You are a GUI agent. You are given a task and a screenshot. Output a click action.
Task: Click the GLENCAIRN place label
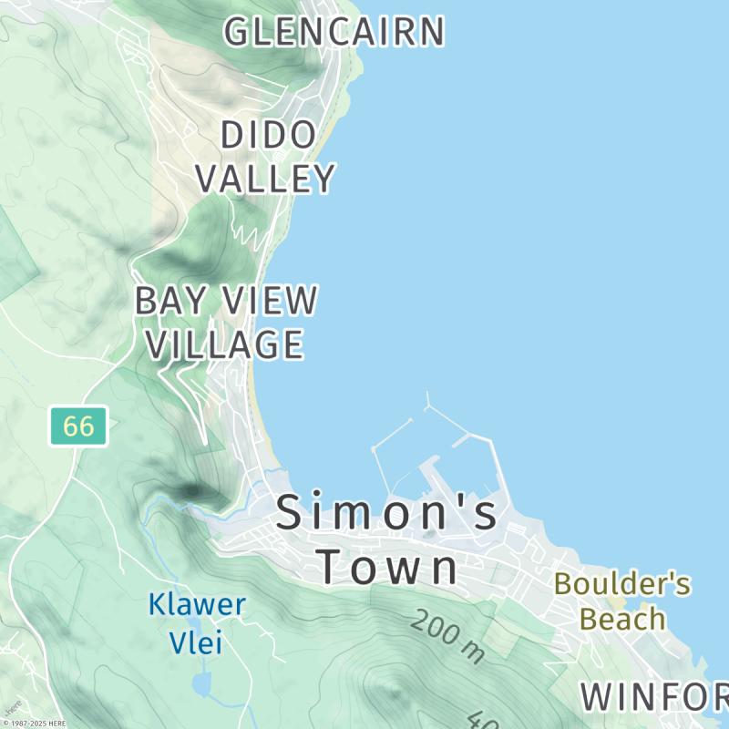point(334,32)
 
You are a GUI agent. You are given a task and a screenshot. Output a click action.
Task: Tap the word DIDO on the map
point(268,136)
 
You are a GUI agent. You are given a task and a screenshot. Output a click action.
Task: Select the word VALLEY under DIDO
point(265,179)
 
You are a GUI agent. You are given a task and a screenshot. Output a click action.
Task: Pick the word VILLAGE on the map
point(225,344)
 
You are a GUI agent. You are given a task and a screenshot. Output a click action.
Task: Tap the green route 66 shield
point(78,426)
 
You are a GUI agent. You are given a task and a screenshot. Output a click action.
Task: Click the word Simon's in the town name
point(387,512)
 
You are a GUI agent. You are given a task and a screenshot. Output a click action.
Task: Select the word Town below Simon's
point(388,567)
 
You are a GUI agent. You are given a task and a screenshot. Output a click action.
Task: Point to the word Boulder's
point(622,584)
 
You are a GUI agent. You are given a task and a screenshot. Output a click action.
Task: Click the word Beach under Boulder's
point(622,620)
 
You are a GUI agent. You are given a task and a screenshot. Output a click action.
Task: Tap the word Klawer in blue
point(197,604)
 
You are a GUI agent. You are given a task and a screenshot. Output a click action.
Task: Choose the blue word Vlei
point(196,642)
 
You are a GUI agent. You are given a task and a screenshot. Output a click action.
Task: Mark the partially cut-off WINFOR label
point(654,697)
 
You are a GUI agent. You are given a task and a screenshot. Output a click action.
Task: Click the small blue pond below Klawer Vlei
point(201,683)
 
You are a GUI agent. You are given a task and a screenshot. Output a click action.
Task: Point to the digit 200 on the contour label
point(436,631)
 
